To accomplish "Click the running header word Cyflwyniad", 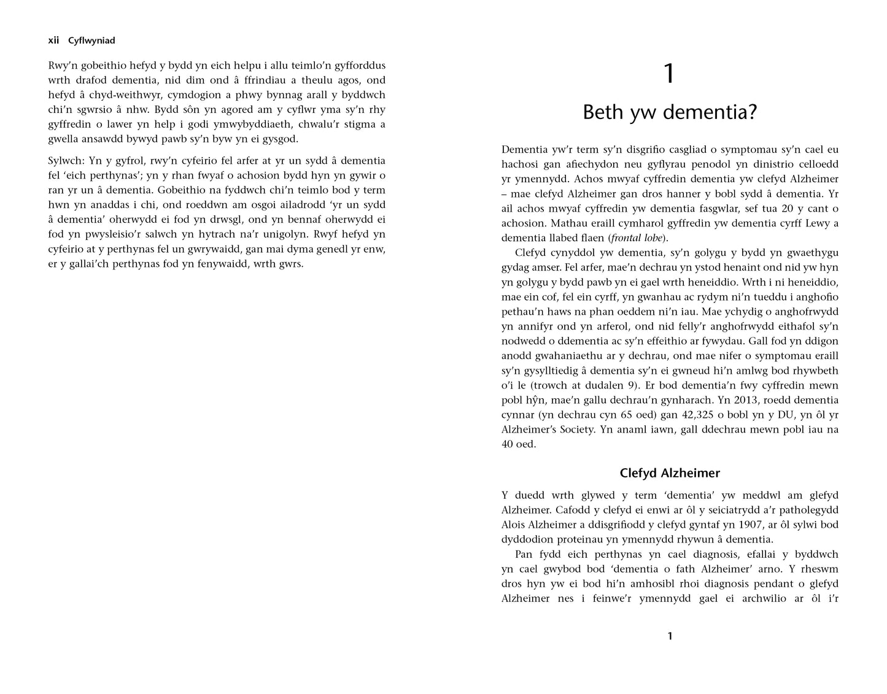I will click(x=91, y=40).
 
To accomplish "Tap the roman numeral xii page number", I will click(x=53, y=40).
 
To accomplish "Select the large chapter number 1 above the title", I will click(x=670, y=74).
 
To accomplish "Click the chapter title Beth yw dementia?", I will click(x=670, y=112).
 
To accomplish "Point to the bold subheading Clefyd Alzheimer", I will click(x=670, y=473).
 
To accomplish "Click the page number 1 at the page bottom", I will click(x=670, y=636).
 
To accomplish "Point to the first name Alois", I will click(x=515, y=525).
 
